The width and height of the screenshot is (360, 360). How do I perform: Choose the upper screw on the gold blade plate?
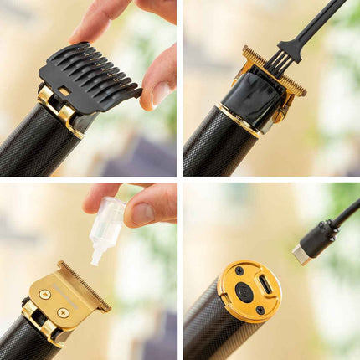click(45, 295)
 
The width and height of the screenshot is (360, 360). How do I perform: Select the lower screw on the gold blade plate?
click(64, 312)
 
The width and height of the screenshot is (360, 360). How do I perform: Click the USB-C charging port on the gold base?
click(265, 283)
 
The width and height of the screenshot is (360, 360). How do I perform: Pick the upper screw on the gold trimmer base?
click(239, 270)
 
